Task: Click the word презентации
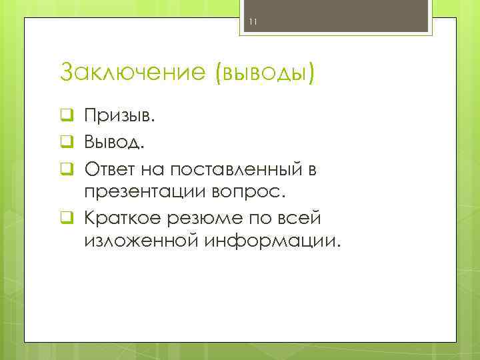147,192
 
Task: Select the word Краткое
119,217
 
